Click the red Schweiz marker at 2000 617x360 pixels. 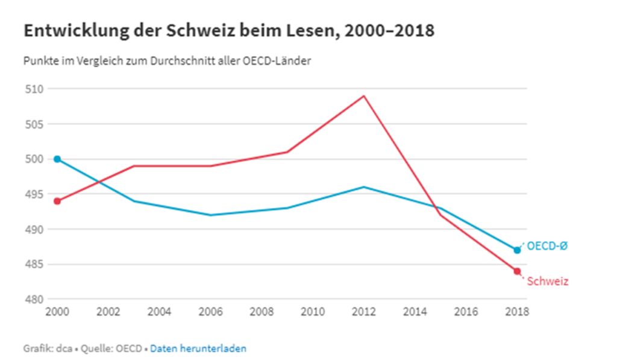pyautogui.click(x=57, y=201)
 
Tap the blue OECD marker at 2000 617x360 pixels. pyautogui.click(x=57, y=159)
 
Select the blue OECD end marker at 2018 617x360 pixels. pyautogui.click(x=517, y=250)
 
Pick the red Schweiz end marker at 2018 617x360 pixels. pyautogui.click(x=517, y=271)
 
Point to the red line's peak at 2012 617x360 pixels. pyautogui.click(x=364, y=96)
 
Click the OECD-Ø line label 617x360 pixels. pyautogui.click(x=547, y=246)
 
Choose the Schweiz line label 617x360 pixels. pyautogui.click(x=548, y=281)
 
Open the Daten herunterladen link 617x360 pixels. pyautogui.click(x=198, y=349)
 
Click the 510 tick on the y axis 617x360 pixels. pyautogui.click(x=34, y=89)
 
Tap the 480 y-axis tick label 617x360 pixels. pyautogui.click(x=34, y=299)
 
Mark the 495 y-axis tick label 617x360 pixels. pyautogui.click(x=34, y=194)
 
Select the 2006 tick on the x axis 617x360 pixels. pyautogui.click(x=210, y=312)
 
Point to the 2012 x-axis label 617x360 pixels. pyautogui.click(x=364, y=312)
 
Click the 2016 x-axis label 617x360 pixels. pyautogui.click(x=466, y=312)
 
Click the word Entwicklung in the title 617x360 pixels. pyautogui.click(x=77, y=31)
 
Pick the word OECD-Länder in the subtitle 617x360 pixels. pyautogui.click(x=277, y=61)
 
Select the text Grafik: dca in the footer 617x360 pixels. pyautogui.click(x=48, y=349)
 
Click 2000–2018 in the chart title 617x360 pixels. pyautogui.click(x=390, y=30)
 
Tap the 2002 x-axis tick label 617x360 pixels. pyautogui.click(x=108, y=312)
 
